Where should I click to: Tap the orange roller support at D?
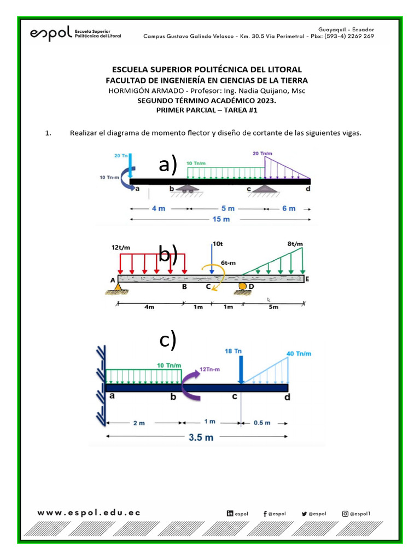tap(241, 285)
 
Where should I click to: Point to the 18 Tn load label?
tap(234, 351)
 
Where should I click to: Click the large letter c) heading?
tap(168, 340)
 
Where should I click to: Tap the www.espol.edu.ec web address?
tap(89, 512)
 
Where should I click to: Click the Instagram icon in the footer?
tap(345, 514)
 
